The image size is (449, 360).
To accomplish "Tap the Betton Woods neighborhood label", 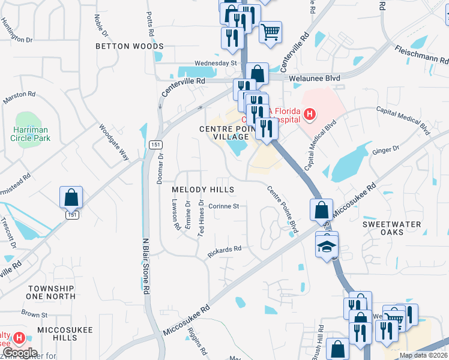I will [130, 46].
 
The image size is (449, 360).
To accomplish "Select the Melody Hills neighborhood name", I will [202, 189].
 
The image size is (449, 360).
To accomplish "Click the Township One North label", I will [51, 292].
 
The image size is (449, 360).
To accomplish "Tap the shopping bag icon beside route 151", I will [71, 197].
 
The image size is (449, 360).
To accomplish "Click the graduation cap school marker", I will [327, 246].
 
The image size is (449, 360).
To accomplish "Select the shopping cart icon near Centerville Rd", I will [270, 31].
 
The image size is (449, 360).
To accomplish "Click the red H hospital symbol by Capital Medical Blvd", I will [309, 113].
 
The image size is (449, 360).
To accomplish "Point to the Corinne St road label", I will [224, 206].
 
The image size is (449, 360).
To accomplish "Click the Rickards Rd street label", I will [224, 248].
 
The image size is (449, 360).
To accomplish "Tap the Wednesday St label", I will [215, 63].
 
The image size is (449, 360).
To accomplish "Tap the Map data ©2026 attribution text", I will [423, 355].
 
